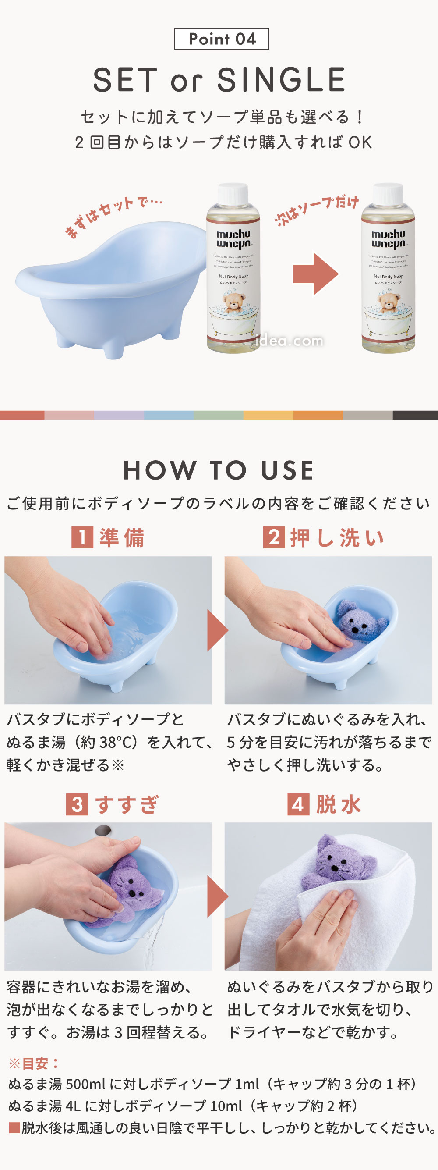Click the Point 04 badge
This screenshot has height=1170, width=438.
point(222,39)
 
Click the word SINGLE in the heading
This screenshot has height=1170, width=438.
point(281,80)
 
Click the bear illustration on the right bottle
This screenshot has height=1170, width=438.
point(388,302)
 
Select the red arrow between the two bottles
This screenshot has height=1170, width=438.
point(315,274)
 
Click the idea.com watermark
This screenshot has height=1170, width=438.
point(289,341)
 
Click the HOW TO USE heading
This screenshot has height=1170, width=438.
point(219,470)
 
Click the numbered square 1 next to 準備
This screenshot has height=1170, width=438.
point(82,537)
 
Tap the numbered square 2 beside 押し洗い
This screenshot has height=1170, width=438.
point(274,537)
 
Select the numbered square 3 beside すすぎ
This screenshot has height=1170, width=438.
point(77,804)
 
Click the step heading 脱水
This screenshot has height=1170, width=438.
point(339,804)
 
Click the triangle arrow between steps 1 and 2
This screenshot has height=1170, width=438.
point(217,630)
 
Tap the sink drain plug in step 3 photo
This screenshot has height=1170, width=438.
point(103,830)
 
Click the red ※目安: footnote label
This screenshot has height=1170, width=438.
point(34,1063)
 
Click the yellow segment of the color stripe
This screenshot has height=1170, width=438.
point(268,415)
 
